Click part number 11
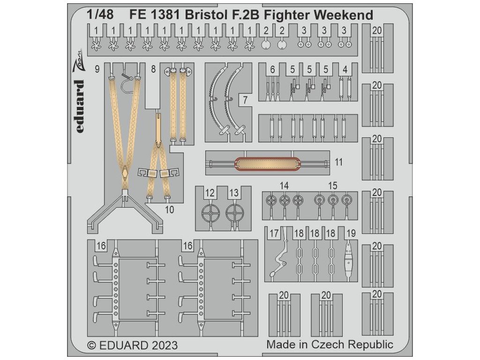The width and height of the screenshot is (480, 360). point(339,162)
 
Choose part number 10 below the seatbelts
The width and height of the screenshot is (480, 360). point(170,210)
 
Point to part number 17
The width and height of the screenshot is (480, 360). point(274,233)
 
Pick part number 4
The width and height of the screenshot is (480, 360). point(345,69)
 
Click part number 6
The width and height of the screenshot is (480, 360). point(272,69)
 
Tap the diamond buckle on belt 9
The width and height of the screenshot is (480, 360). point(125,175)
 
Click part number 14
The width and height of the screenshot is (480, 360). point(284,186)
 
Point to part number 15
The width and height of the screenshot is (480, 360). point(333,186)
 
